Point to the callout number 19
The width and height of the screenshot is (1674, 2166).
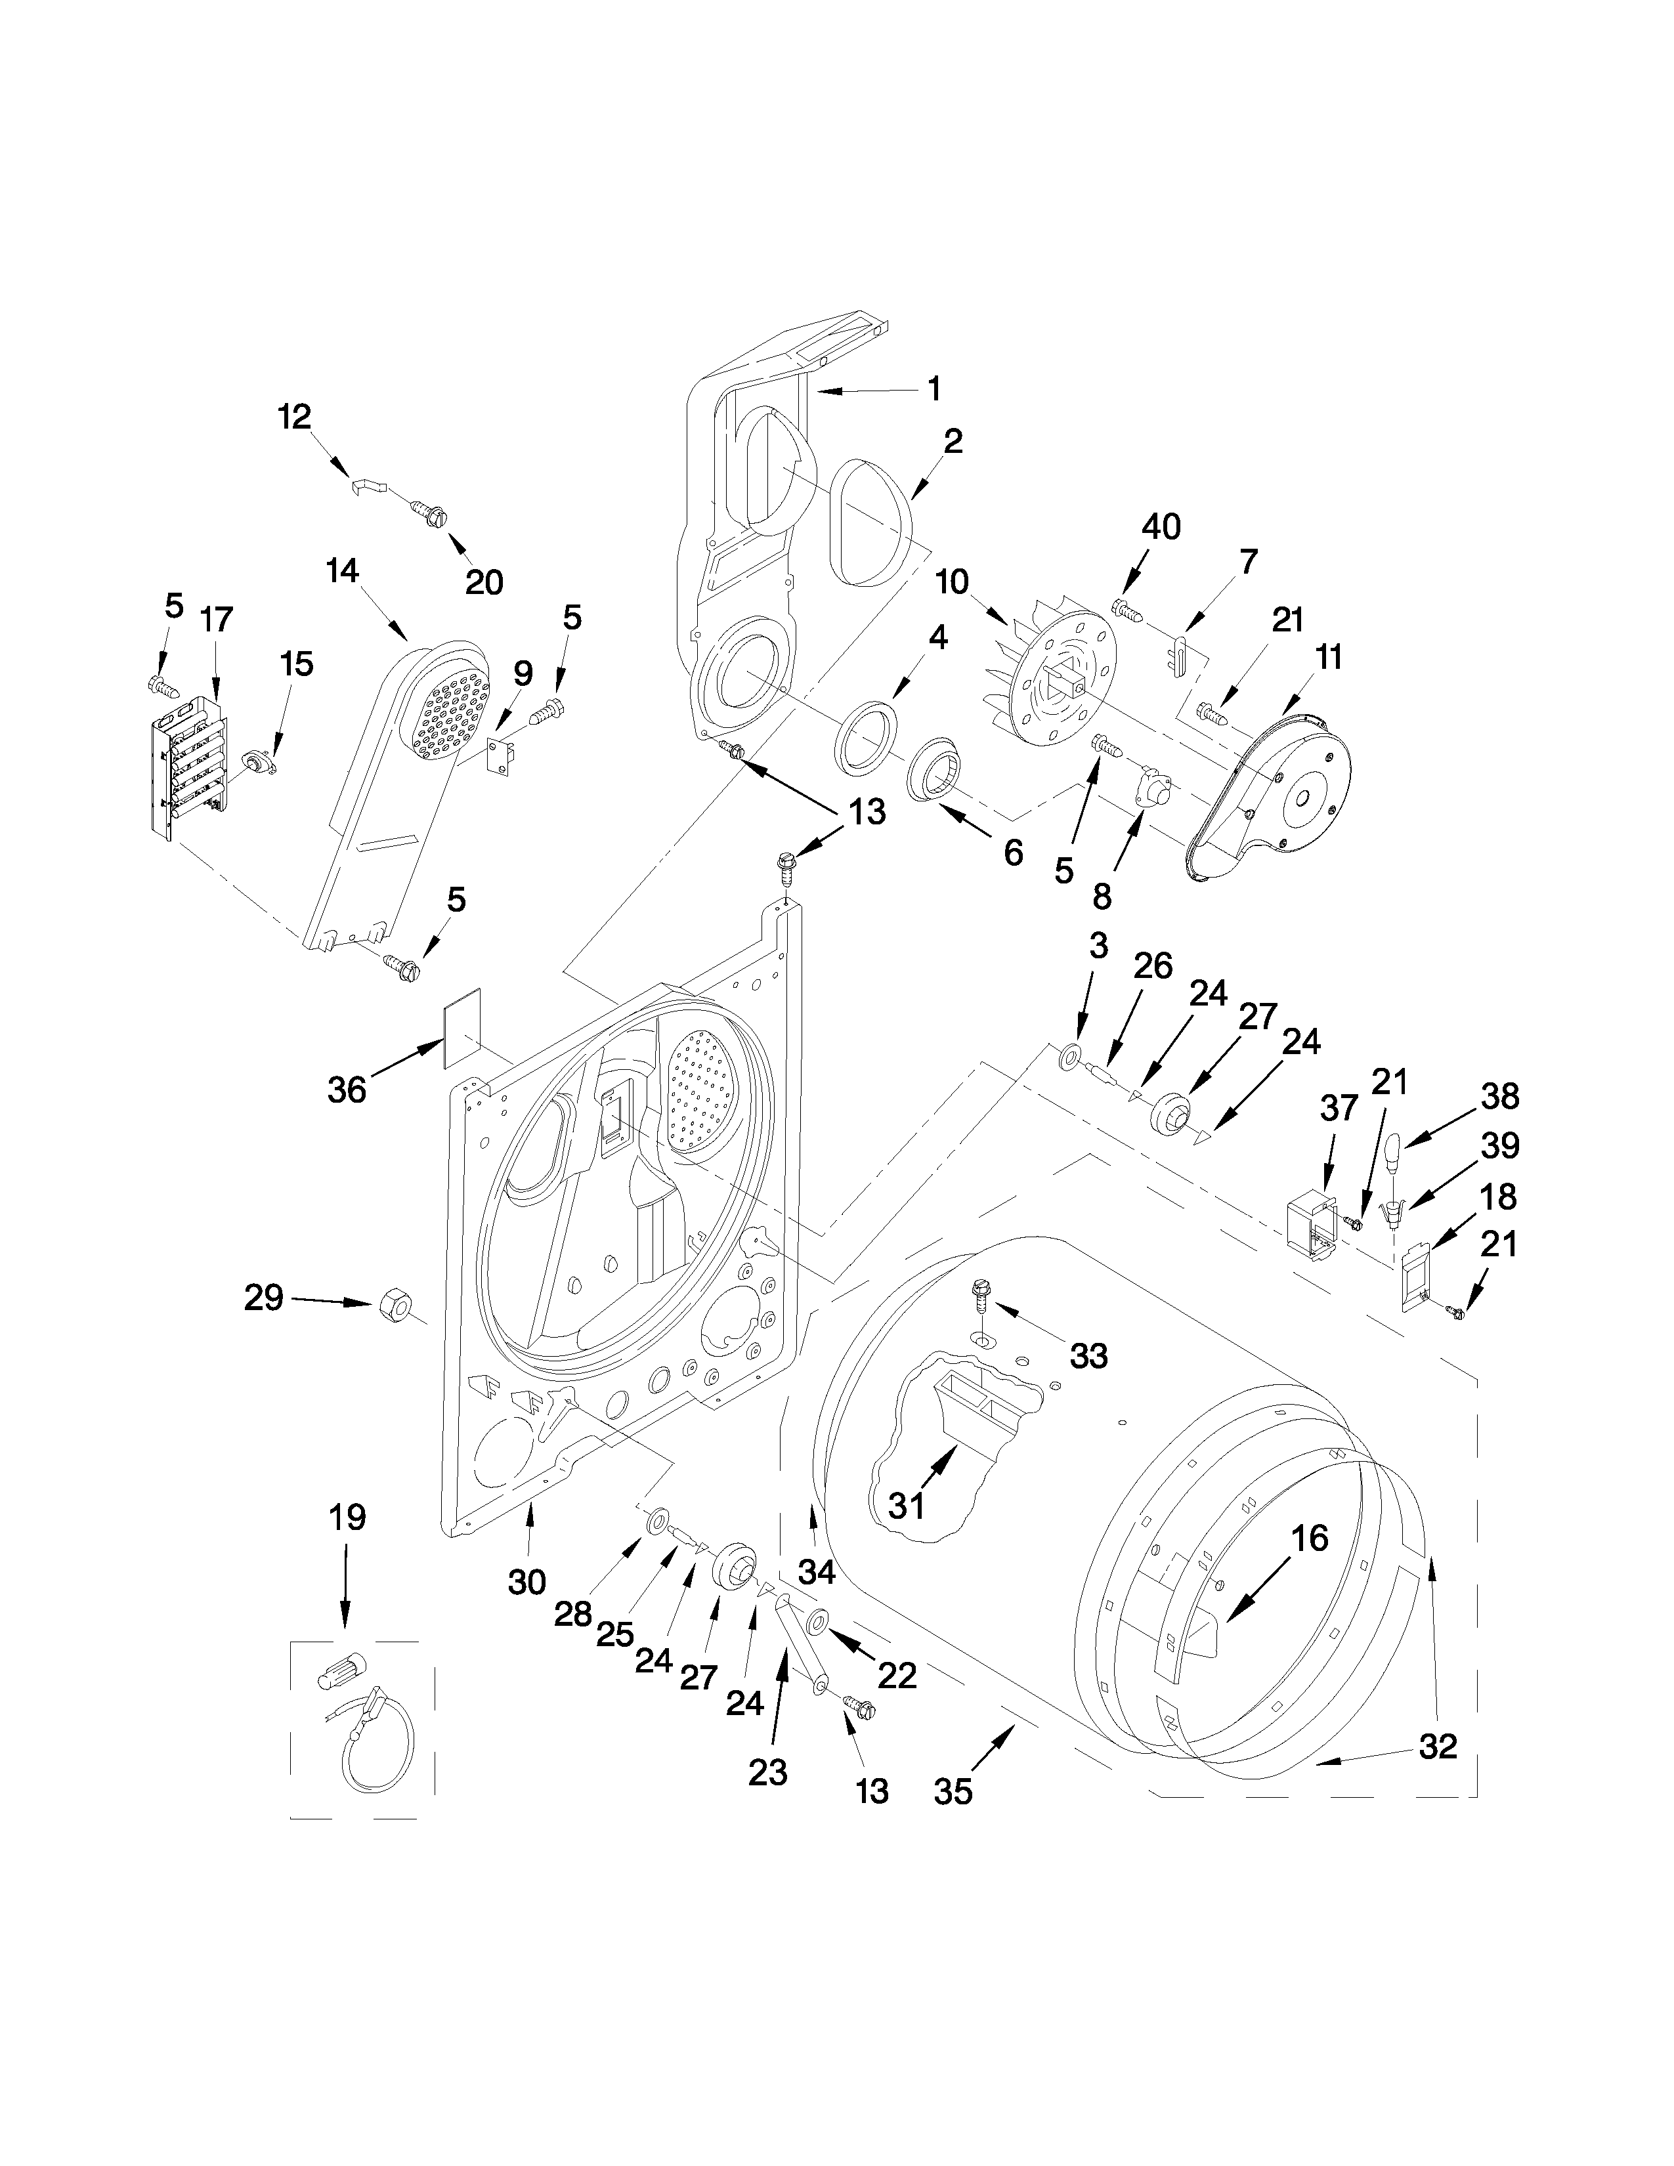tap(346, 1516)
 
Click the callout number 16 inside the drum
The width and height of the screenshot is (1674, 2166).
tap(1309, 1539)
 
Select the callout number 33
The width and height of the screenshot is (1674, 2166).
tap(1088, 1356)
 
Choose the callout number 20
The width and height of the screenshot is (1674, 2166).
tap(484, 581)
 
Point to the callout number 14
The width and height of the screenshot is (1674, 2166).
tap(342, 571)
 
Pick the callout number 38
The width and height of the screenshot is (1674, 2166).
tap(1499, 1096)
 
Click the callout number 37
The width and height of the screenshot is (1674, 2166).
tap(1338, 1108)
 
